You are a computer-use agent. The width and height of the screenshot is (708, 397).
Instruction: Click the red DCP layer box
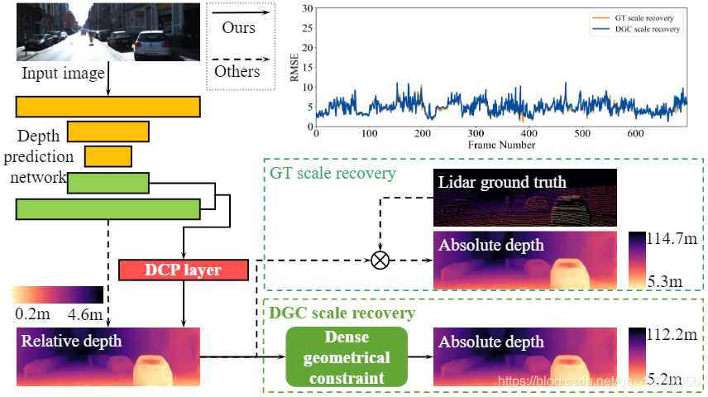(183, 270)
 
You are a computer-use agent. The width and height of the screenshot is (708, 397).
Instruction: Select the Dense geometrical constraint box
(347, 357)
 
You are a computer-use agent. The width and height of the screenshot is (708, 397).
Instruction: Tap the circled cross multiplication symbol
(380, 260)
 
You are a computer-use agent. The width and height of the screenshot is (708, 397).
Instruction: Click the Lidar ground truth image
(525, 198)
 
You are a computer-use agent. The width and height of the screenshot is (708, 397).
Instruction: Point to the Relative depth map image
(108, 356)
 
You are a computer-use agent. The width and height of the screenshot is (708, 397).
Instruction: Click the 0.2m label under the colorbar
(31, 314)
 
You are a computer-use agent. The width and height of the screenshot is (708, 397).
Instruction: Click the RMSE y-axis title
(294, 69)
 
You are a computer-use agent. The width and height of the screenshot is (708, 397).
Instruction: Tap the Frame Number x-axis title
(501, 145)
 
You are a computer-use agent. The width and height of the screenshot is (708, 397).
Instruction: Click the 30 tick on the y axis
(306, 9)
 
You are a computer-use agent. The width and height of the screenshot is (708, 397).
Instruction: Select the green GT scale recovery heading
(332, 174)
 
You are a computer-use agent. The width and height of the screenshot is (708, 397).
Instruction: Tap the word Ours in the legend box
(239, 27)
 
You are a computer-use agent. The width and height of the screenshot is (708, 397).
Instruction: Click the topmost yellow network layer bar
(108, 107)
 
